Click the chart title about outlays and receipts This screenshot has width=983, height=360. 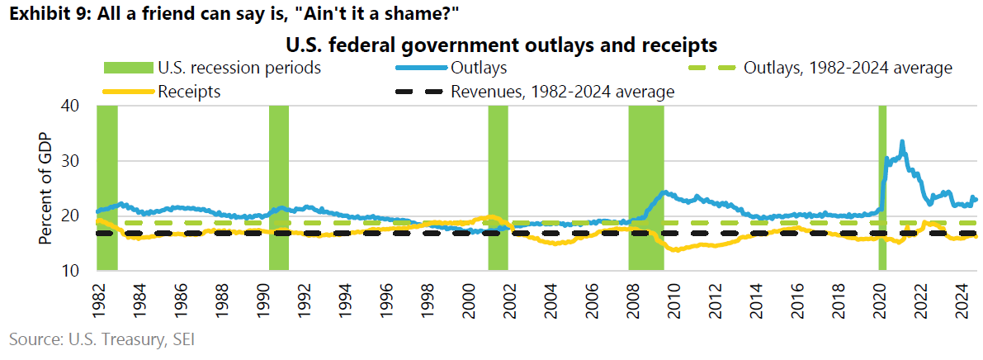click(501, 42)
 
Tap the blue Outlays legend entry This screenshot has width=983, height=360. click(479, 67)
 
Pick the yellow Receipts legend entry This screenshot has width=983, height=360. click(189, 92)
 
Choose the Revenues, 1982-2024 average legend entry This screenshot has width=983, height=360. click(562, 92)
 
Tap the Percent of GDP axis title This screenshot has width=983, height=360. click(46, 187)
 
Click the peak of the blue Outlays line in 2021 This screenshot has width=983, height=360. click(902, 142)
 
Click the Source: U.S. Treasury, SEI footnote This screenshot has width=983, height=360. click(102, 339)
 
